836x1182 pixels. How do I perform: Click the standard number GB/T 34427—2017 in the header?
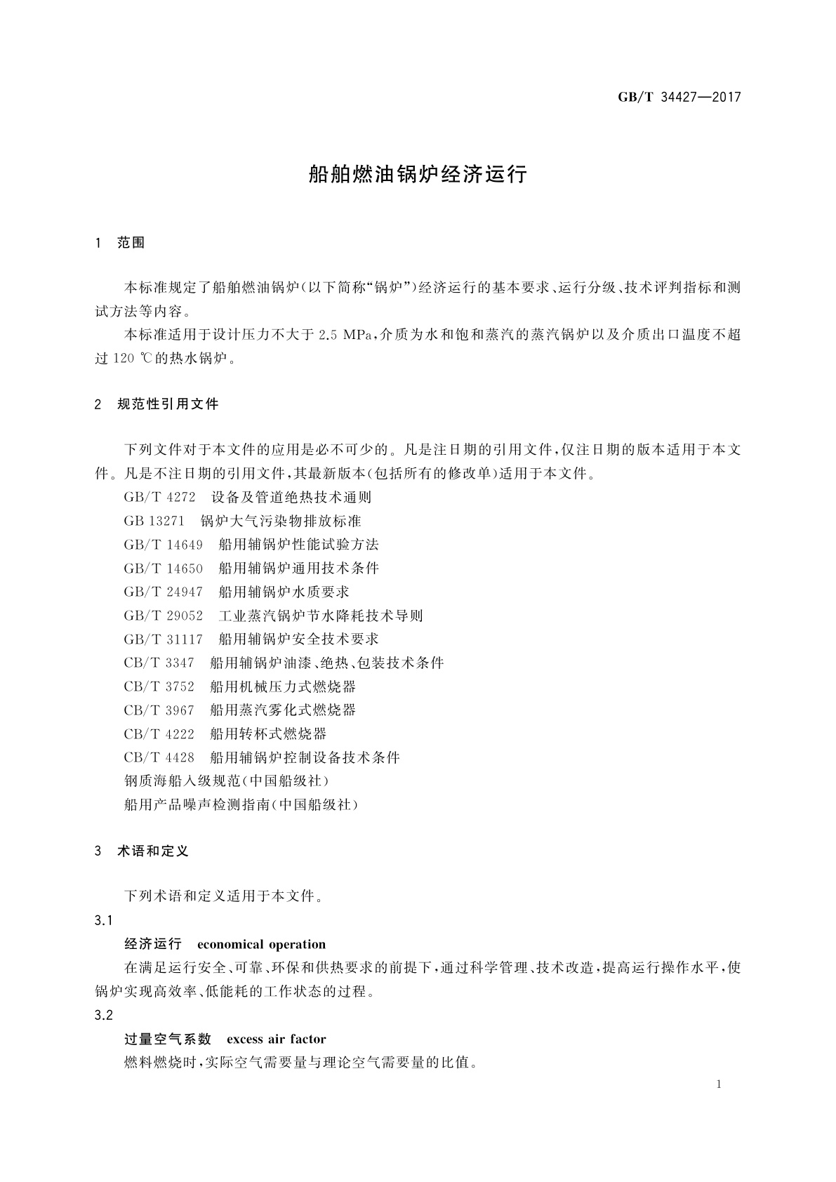pos(679,98)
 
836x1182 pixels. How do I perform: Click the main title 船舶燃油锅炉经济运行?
pos(418,175)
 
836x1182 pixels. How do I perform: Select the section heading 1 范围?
pos(120,243)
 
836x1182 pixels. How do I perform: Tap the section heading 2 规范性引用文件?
pos(157,404)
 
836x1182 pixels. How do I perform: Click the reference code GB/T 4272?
pos(159,497)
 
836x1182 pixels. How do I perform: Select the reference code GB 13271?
pos(154,521)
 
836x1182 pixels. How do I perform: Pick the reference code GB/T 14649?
pos(163,545)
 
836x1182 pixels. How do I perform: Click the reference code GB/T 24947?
pos(163,592)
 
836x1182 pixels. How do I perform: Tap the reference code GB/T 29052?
pos(163,616)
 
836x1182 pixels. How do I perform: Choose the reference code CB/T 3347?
pos(159,663)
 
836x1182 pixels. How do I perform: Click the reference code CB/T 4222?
pos(159,733)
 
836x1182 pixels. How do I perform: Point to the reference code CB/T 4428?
pos(159,757)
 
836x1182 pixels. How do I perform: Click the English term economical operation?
pos(262,944)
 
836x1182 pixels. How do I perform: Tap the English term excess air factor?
pos(277,1039)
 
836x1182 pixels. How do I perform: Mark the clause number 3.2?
pos(104,1015)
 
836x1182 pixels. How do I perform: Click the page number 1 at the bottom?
pos(719,1084)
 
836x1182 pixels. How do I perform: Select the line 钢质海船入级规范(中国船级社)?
pos(226,781)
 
